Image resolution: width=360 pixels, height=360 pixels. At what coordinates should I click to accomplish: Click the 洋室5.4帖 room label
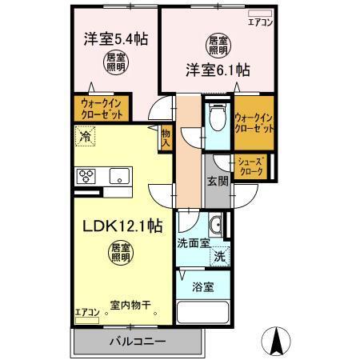pyautogui.click(x=117, y=38)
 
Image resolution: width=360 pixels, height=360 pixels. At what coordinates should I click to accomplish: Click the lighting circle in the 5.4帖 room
pyautogui.click(x=117, y=61)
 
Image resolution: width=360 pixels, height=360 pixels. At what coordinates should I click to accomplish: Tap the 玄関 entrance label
pyautogui.click(x=218, y=181)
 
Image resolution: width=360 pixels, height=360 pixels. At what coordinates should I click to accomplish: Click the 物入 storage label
pyautogui.click(x=166, y=138)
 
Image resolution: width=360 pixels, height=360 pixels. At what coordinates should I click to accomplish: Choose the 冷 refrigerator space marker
pyautogui.click(x=84, y=138)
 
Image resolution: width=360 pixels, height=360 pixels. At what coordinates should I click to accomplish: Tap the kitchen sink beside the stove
pyautogui.click(x=118, y=176)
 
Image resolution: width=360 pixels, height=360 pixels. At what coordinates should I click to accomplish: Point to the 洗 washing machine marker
pyautogui.click(x=219, y=258)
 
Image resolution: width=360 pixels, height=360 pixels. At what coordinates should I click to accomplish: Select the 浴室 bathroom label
pyautogui.click(x=202, y=286)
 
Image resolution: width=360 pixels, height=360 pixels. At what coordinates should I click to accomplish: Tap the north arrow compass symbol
pyautogui.click(x=278, y=342)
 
